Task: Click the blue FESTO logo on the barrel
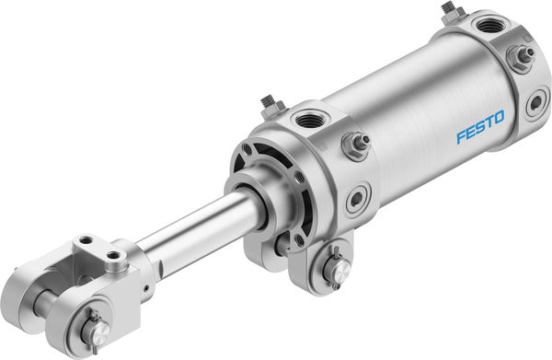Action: tap(481, 129)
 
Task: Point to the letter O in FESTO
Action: tap(500, 120)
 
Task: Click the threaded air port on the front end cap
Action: tap(306, 119)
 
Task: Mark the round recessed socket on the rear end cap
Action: tap(535, 103)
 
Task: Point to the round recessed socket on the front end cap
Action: tap(357, 197)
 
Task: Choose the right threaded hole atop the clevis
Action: tap(113, 255)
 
